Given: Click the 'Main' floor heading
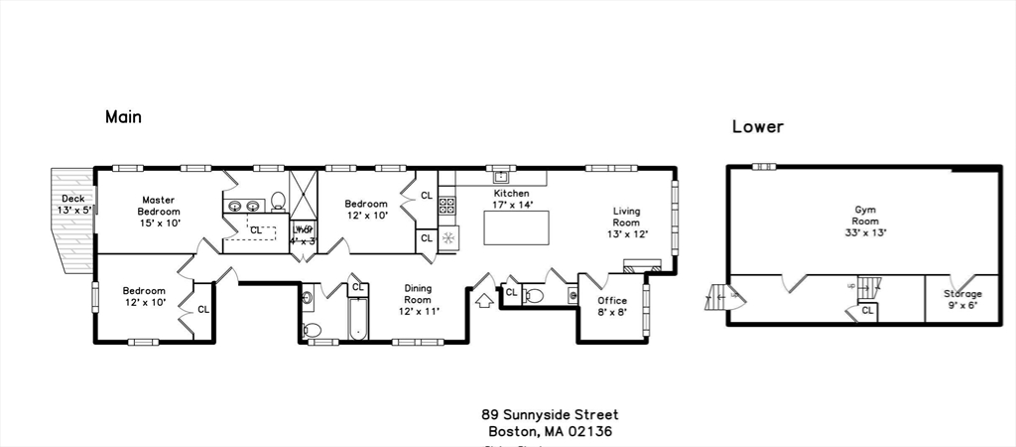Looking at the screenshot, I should pos(123,117).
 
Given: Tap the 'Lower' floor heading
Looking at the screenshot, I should pos(758,127).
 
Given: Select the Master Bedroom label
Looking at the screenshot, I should pos(159,206).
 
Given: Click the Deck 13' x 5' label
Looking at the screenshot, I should pos(73,205).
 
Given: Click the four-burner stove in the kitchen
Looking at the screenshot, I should pos(446,207).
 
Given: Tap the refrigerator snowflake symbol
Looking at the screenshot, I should pos(447,238).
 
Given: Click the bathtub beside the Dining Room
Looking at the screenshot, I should pos(356,319).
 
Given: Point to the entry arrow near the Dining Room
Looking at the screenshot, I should pos(486,298).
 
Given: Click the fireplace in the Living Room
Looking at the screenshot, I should pos(642,265).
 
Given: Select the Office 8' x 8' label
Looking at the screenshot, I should pos(612,307).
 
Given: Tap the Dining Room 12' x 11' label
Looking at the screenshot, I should pos(417,300).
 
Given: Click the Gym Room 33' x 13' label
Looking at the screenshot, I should pos(865,221).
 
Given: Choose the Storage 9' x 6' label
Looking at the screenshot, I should pos(961,299).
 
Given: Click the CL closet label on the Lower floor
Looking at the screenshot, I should pos(867,310).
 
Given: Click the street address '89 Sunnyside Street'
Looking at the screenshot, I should pos(550,414).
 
